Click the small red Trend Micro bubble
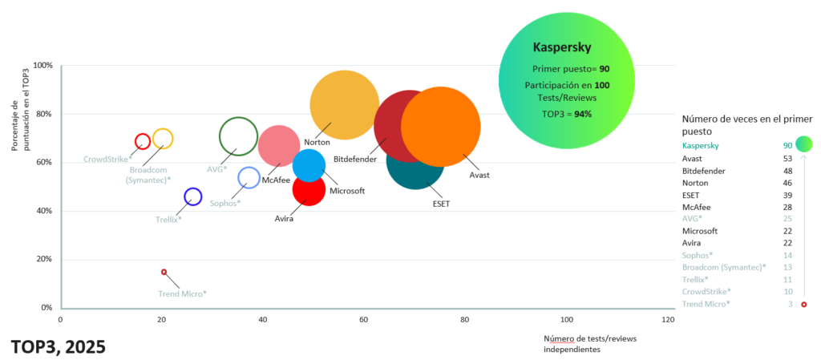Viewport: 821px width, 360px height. [164, 272]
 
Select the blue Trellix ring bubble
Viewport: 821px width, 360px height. [192, 196]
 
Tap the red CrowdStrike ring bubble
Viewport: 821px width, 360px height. [143, 141]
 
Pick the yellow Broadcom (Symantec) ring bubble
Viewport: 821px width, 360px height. [163, 139]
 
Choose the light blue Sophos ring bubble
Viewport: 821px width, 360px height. [249, 178]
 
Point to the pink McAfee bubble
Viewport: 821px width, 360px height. [278, 146]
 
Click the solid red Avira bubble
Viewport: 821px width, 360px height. [308, 189]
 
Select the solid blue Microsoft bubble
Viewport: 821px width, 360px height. [309, 165]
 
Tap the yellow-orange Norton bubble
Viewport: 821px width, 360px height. [344, 104]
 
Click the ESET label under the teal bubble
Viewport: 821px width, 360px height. [441, 204]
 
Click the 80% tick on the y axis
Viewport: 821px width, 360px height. [43, 114]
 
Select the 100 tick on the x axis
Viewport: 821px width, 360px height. [567, 320]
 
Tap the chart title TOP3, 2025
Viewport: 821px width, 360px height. [58, 347]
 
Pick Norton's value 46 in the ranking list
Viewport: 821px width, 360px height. [787, 184]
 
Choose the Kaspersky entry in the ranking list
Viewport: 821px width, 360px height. [700, 146]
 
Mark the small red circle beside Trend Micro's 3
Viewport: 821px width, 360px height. [803, 305]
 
